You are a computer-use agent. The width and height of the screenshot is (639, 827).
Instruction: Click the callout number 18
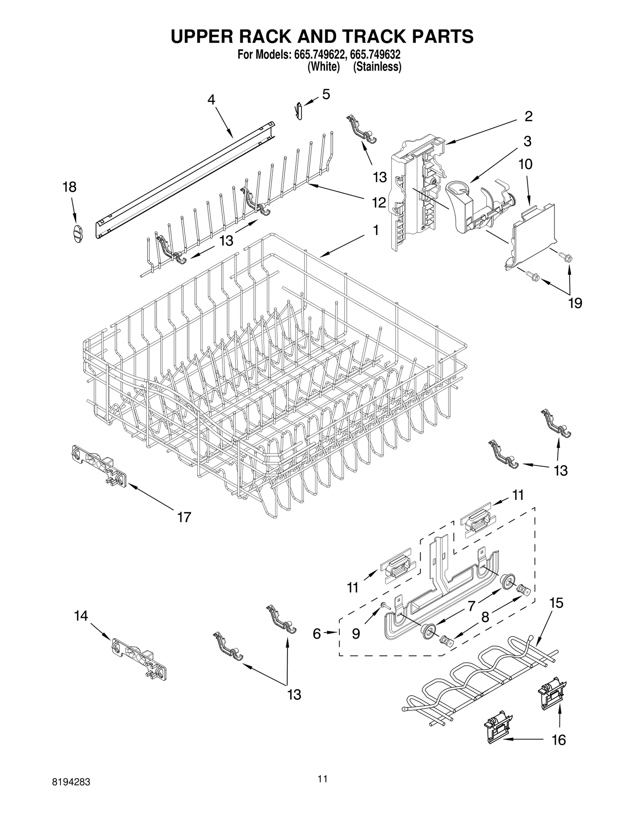(x=69, y=187)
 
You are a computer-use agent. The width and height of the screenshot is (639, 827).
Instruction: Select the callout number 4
(x=211, y=99)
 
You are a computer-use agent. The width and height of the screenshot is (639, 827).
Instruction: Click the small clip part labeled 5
(x=299, y=111)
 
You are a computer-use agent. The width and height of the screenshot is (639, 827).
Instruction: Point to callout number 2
(x=528, y=116)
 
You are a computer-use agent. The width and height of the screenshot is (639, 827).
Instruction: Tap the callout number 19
(x=575, y=303)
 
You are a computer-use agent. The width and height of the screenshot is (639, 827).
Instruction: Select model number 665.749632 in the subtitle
(x=375, y=55)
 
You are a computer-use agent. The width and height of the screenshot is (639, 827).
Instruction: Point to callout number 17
(x=184, y=517)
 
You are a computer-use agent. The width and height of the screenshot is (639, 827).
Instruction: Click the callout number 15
(x=556, y=603)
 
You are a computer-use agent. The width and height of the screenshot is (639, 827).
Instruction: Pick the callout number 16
(x=559, y=740)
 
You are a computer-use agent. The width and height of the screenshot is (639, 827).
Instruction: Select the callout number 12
(x=379, y=202)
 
